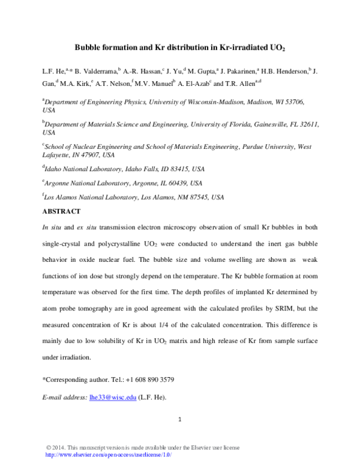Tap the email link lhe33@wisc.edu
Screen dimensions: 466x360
point(112,398)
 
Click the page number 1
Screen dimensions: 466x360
point(180,419)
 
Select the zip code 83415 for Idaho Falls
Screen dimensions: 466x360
point(175,169)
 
